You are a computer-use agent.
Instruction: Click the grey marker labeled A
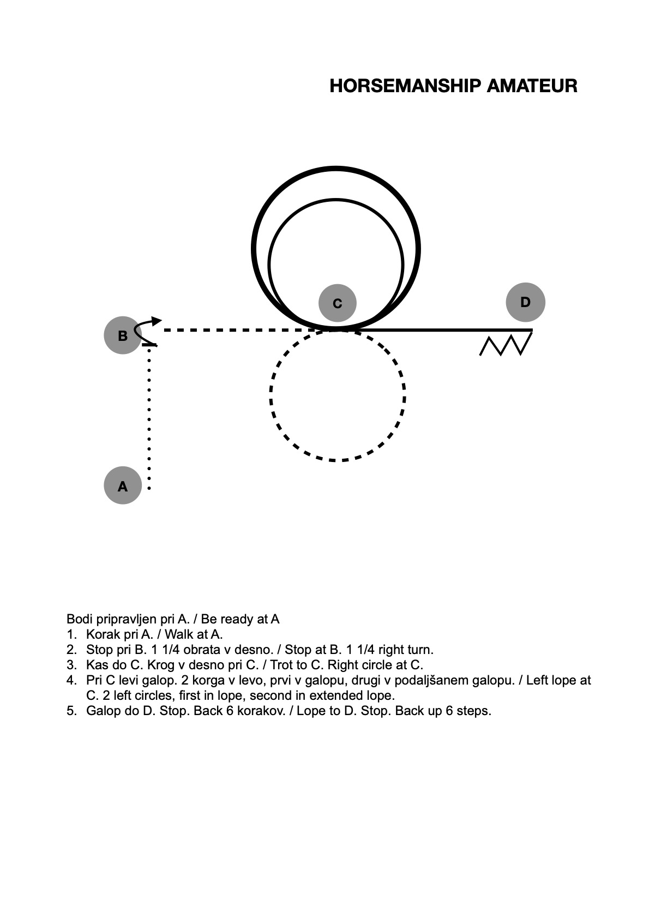pyautogui.click(x=123, y=485)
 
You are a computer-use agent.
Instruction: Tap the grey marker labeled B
pyautogui.click(x=123, y=335)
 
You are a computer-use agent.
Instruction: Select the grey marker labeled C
pyautogui.click(x=337, y=303)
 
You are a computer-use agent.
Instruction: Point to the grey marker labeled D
pyautogui.click(x=525, y=302)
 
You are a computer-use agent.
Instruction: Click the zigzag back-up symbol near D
pyautogui.click(x=506, y=344)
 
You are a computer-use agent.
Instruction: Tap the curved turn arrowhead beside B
pyautogui.click(x=157, y=321)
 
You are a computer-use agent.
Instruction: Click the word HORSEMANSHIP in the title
pyautogui.click(x=405, y=86)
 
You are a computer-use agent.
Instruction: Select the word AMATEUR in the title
pyautogui.click(x=532, y=86)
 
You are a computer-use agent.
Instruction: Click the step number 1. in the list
pyautogui.click(x=71, y=634)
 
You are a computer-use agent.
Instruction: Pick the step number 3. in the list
pyautogui.click(x=71, y=665)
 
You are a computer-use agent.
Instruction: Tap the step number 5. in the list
pyautogui.click(x=71, y=711)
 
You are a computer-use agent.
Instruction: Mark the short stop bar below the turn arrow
pyautogui.click(x=149, y=345)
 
